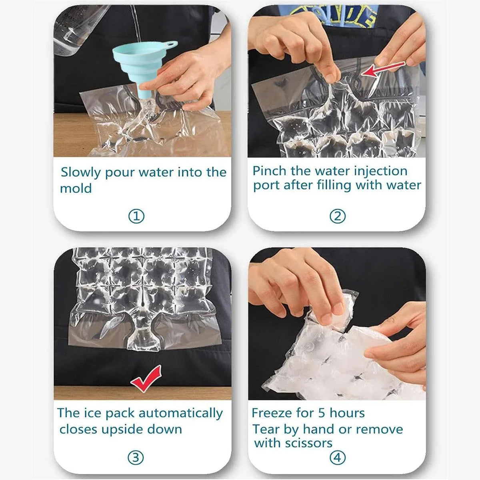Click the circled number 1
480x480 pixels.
(136, 216)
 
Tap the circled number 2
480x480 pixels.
(337, 216)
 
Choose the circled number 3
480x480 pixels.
(136, 457)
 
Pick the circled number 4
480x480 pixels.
(337, 457)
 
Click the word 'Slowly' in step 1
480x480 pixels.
(81, 173)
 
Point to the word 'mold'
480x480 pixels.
(76, 188)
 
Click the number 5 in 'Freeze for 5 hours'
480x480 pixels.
(322, 413)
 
